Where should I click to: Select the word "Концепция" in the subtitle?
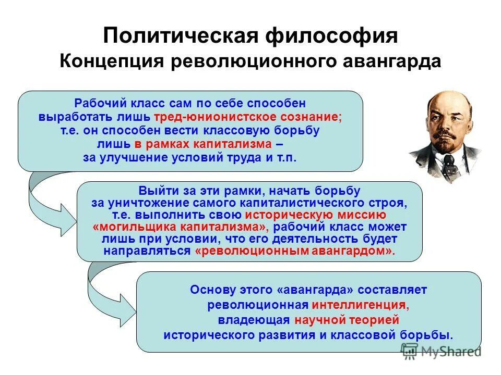pyautogui.click(x=112, y=61)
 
